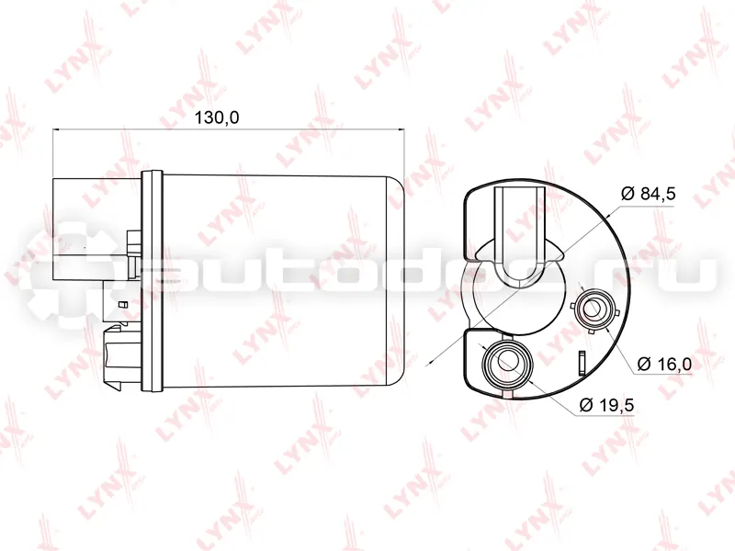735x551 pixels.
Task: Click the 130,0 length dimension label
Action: [217, 118]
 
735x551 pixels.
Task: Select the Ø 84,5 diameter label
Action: [649, 193]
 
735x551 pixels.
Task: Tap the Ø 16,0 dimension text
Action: [664, 364]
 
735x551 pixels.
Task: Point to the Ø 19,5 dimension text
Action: [607, 404]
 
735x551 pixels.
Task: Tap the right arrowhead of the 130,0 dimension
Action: [400, 129]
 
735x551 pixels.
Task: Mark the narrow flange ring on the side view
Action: [152, 281]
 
